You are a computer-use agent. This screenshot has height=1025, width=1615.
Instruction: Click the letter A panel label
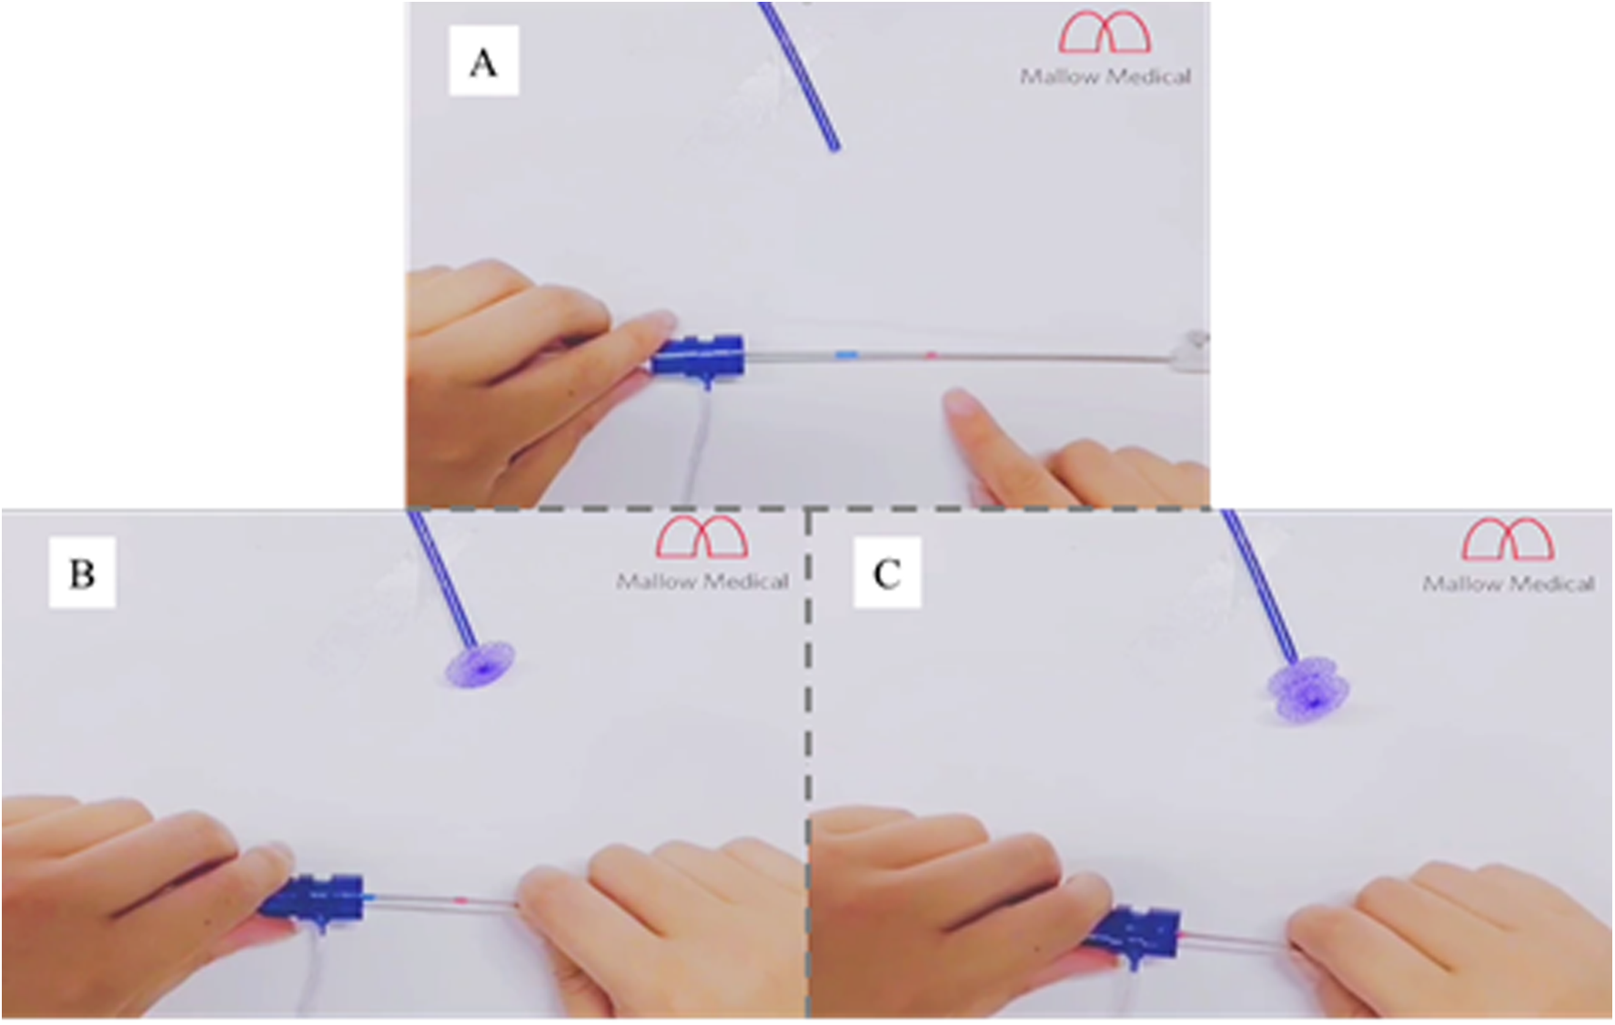pyautogui.click(x=483, y=62)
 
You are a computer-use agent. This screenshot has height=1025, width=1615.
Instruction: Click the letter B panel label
pyautogui.click(x=82, y=573)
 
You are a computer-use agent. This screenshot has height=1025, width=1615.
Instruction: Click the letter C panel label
pyautogui.click(x=887, y=573)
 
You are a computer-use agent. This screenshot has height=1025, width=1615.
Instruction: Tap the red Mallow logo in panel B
pyautogui.click(x=702, y=536)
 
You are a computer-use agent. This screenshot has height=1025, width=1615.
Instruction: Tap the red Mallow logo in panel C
pyautogui.click(x=1508, y=538)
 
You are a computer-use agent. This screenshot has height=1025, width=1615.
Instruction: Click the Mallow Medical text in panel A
pyautogui.click(x=1105, y=76)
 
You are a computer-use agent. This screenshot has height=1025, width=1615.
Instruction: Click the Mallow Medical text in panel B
pyautogui.click(x=702, y=581)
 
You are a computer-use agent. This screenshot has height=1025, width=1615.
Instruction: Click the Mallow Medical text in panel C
pyautogui.click(x=1509, y=583)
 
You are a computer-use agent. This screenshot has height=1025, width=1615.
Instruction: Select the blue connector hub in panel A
pyautogui.click(x=698, y=359)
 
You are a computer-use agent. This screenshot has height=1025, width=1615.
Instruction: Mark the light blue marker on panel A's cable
pyautogui.click(x=847, y=353)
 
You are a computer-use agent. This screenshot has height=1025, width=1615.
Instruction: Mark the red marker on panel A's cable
pyautogui.click(x=931, y=355)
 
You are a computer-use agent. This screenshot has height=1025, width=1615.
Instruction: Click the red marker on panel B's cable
pyautogui.click(x=460, y=899)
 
